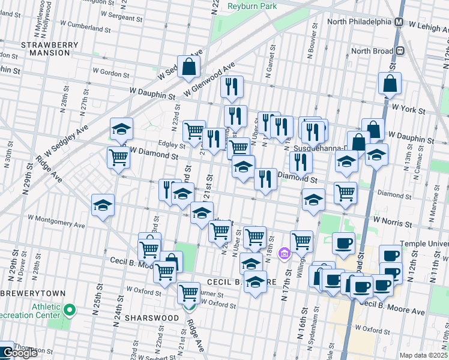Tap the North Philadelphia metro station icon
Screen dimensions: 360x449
[x=398, y=22]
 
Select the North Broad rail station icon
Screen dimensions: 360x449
[x=398, y=51]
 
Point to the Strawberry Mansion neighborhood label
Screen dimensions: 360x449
[x=45, y=49]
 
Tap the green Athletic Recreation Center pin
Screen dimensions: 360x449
[x=70, y=310]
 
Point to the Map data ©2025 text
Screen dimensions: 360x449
[x=423, y=355]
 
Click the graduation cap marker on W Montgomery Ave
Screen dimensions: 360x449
[x=103, y=205]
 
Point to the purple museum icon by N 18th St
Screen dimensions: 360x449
[x=285, y=251]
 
